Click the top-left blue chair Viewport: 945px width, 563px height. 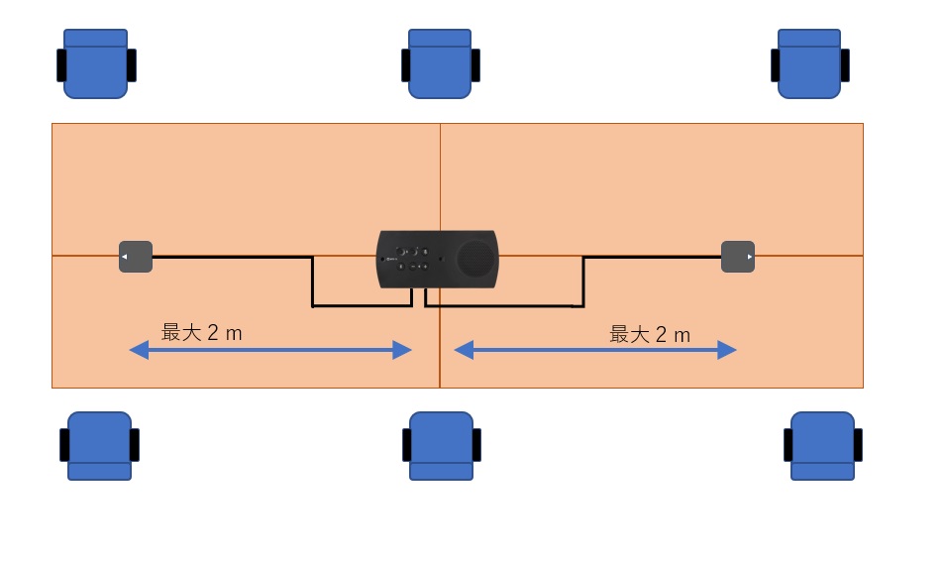pos(96,63)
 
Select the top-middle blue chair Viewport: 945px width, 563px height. pos(441,63)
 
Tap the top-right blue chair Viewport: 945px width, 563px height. pos(810,63)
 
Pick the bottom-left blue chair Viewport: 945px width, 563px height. pos(99,446)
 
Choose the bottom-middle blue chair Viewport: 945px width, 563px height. pos(442,446)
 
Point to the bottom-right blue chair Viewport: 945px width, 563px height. pos(822,446)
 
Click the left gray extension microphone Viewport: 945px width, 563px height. pos(136,257)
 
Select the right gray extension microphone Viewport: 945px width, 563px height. pos(738,257)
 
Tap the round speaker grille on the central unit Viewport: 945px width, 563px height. pos(475,259)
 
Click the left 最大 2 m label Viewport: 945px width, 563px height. pos(202,333)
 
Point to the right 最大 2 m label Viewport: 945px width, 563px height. pos(650,335)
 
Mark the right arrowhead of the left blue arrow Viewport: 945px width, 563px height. pos(402,350)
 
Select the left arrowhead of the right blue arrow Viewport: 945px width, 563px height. pos(464,350)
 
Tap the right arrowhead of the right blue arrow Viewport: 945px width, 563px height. pos(727,350)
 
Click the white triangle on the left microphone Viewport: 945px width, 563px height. pos(124,257)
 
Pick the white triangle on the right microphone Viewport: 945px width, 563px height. pos(750,257)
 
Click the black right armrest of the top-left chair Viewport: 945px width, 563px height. pos(132,65)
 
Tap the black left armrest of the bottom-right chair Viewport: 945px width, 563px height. pos(788,445)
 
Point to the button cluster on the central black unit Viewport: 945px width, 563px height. pos(413,259)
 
